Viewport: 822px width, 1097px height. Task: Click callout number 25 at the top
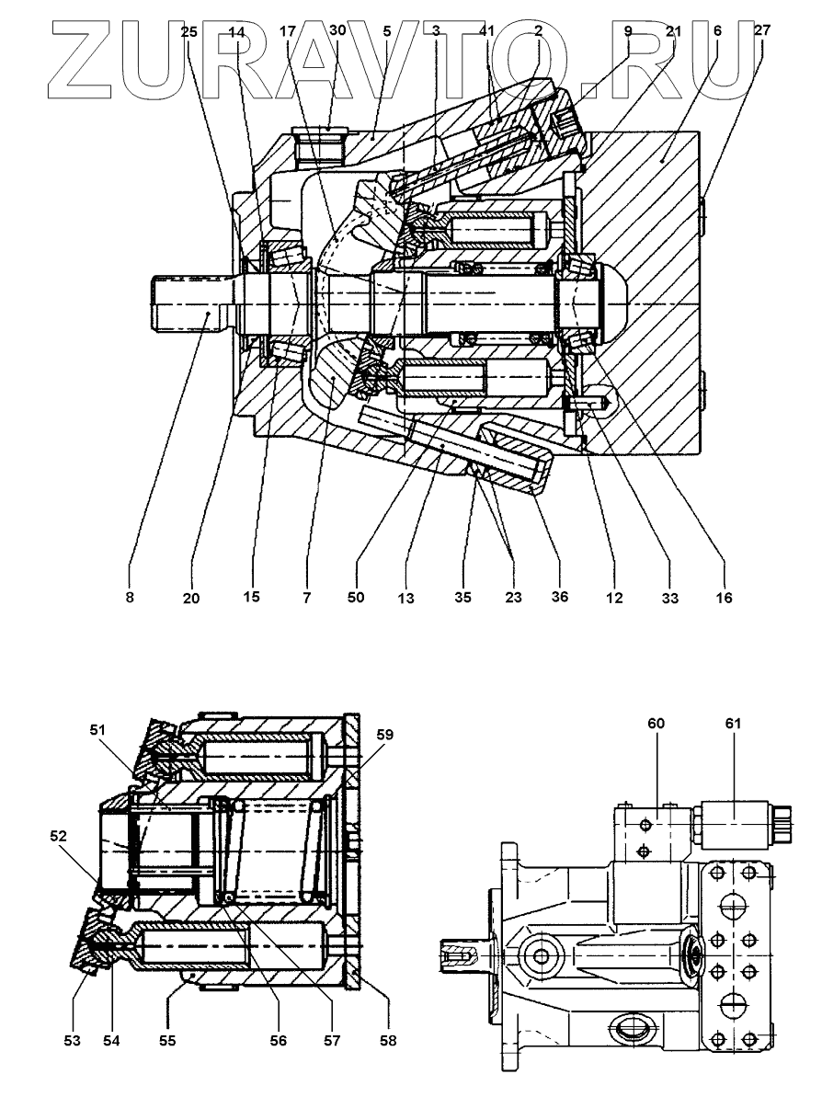(x=188, y=31)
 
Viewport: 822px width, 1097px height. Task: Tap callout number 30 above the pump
(x=337, y=30)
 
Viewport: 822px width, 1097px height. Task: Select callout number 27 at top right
(x=762, y=30)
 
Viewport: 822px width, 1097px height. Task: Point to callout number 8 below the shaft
(x=131, y=598)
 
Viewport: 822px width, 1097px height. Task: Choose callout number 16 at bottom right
(x=724, y=598)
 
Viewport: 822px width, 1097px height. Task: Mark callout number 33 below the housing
(x=669, y=598)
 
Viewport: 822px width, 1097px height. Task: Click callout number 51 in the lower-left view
(x=98, y=731)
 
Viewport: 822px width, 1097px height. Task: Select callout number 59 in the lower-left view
(x=383, y=735)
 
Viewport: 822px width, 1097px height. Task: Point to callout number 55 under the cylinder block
(x=168, y=1041)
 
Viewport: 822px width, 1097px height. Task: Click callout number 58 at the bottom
(x=388, y=1041)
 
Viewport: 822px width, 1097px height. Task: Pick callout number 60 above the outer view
(x=656, y=724)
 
